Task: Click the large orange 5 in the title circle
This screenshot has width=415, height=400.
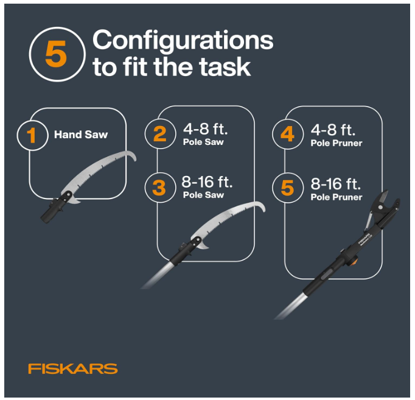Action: tap(56, 54)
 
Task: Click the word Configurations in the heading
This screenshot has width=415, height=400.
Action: tap(183, 41)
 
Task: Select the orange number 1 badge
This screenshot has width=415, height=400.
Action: tap(32, 135)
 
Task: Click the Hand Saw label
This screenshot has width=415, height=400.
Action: tap(81, 135)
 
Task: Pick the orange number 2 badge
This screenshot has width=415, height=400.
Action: tap(160, 134)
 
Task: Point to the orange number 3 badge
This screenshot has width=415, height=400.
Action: tap(159, 188)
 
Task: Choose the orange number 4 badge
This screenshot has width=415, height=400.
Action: tap(287, 134)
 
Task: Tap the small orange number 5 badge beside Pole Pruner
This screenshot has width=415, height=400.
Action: tap(287, 188)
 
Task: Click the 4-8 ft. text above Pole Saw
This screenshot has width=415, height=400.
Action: tap(206, 129)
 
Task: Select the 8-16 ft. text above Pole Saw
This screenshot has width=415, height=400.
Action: tap(207, 182)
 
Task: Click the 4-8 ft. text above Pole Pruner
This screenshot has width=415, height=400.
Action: tap(333, 130)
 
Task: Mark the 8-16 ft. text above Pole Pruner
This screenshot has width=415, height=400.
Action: tap(336, 184)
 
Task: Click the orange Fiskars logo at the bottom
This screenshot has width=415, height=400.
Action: tap(73, 368)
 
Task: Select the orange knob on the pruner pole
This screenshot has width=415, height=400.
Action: tap(354, 262)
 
